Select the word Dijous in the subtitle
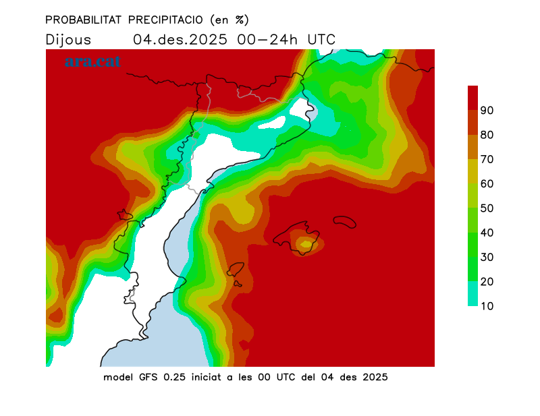[68, 39]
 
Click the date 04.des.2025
[180, 39]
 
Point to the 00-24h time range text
[267, 39]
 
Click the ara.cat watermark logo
[92, 61]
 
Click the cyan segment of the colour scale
[473, 293]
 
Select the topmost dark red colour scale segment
[473, 97]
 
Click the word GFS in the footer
[148, 377]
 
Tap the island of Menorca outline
[345, 222]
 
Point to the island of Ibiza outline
[236, 271]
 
